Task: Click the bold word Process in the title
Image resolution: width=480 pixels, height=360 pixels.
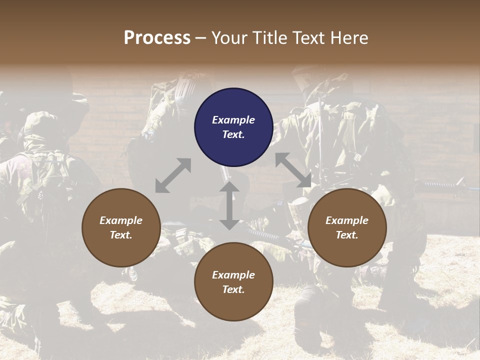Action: click(157, 38)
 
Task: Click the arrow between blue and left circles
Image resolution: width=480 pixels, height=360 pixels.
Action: click(173, 175)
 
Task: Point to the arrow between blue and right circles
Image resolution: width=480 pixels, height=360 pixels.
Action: click(293, 170)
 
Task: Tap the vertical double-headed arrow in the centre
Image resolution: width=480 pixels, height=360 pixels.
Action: click(229, 205)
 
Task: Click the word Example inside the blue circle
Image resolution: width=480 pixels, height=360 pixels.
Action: click(233, 120)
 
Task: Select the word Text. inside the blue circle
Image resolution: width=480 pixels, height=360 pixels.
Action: click(233, 134)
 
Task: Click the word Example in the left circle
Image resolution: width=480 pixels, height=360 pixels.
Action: click(121, 220)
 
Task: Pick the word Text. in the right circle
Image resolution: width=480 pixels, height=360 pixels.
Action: click(347, 235)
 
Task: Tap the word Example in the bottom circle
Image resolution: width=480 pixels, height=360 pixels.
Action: click(233, 275)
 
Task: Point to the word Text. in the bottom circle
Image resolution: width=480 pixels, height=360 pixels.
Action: click(233, 289)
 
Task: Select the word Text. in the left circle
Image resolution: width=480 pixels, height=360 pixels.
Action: click(121, 235)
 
